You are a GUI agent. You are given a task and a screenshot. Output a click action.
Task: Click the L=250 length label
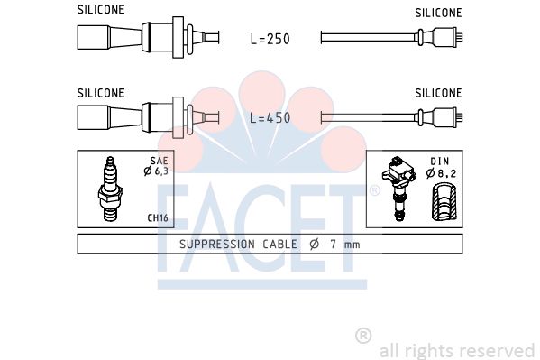tap(270, 39)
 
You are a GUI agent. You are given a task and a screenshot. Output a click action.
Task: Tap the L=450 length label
tap(270, 118)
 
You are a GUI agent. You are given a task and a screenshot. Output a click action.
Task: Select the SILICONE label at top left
tap(101, 10)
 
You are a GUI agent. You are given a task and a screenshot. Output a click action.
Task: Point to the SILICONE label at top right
tap(438, 13)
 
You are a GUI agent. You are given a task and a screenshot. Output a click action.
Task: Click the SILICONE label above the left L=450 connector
tap(101, 93)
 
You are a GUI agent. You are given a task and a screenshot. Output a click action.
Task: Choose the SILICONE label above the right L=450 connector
tap(438, 93)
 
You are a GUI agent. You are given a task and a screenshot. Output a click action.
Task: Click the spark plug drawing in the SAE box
tap(110, 189)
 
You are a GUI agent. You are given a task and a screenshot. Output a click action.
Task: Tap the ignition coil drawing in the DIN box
tap(398, 188)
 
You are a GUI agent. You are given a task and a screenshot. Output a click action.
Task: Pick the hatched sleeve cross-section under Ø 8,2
tap(444, 202)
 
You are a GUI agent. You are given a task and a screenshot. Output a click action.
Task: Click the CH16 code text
tap(158, 217)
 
